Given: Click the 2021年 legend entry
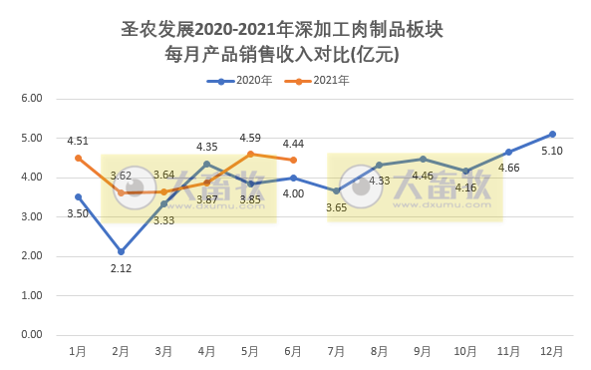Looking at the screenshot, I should coord(323,81).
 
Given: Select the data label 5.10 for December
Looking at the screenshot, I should coord(551,152).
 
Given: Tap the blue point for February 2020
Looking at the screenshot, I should coord(121,251).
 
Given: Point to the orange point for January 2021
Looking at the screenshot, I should coord(78,158).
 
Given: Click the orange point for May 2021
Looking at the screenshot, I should coord(250,154).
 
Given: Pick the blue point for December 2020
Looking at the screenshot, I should coord(552,134).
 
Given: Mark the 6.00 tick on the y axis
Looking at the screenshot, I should coord(31,99).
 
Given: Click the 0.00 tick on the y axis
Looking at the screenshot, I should coord(31,335).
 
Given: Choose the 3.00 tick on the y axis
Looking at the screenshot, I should coord(31,216).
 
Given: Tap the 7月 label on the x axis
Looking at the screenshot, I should coord(336,352).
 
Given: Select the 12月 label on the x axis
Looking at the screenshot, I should coord(551,352).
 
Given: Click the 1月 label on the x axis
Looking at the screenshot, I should coord(78,352).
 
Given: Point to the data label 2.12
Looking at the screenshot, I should coord(121,268).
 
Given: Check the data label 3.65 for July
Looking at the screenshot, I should coord(336,207).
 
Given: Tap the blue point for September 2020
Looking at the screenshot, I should coord(423,159).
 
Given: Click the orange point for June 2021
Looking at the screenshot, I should coord(293,160).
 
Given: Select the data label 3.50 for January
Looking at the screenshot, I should coord(78,213).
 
